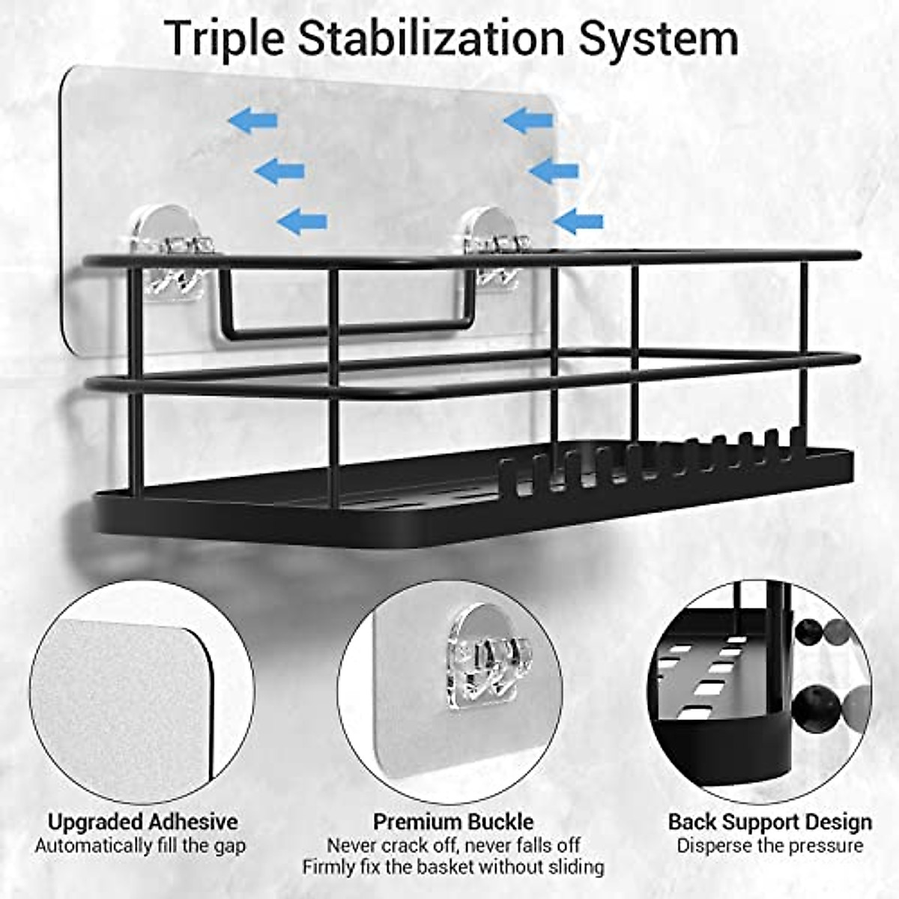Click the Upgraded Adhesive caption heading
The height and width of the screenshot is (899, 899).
[x=142, y=822]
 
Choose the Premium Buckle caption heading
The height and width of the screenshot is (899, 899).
[x=453, y=822]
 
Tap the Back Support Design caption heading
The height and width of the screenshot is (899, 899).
[x=769, y=822]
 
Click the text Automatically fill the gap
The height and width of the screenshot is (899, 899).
[x=140, y=846]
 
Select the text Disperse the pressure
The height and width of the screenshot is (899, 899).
[x=769, y=846]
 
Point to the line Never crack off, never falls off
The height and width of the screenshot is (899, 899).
[x=453, y=845]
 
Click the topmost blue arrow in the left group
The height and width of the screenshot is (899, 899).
[x=252, y=120]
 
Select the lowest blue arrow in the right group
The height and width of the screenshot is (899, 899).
[x=578, y=221]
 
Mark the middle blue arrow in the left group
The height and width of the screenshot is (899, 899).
[x=279, y=172]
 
